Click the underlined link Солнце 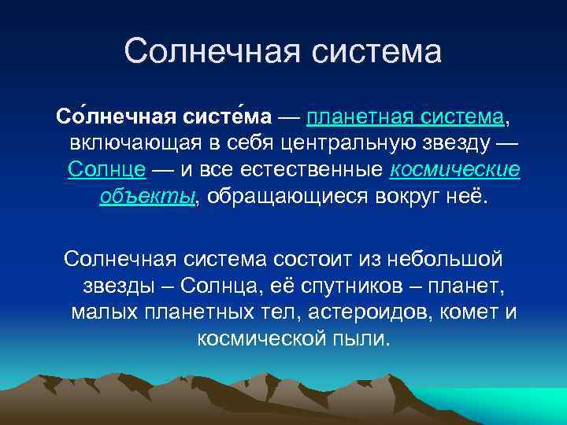[106, 170]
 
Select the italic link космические [455, 170]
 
